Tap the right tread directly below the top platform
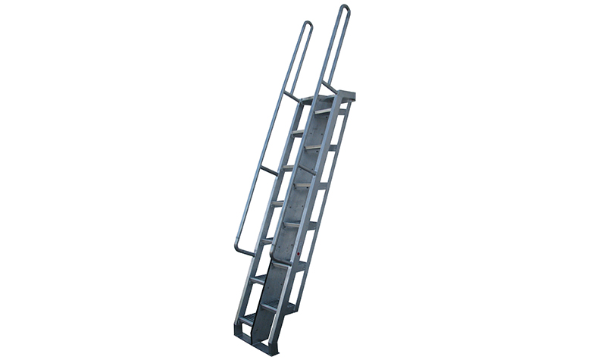[324, 111]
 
